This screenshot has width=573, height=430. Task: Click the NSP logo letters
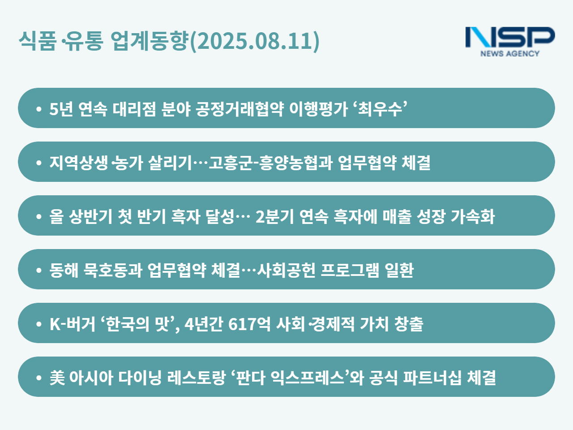click(x=510, y=37)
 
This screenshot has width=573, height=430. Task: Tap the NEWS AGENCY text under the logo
click(x=510, y=53)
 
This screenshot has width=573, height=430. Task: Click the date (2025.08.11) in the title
click(x=255, y=41)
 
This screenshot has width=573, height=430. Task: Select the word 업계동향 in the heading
click(x=150, y=41)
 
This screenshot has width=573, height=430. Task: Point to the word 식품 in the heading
click(x=38, y=41)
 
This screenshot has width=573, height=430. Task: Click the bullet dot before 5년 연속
click(x=39, y=109)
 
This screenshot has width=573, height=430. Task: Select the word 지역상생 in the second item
click(x=79, y=163)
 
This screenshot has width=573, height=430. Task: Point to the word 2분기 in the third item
click(x=275, y=216)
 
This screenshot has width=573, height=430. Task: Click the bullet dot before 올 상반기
click(x=39, y=216)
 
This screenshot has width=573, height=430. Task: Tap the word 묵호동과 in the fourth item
click(x=113, y=270)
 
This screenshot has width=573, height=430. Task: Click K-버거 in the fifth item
click(x=73, y=324)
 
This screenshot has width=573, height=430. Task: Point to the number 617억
click(x=249, y=324)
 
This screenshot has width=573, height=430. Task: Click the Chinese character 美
click(x=57, y=378)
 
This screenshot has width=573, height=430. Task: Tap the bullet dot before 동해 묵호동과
click(x=39, y=270)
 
